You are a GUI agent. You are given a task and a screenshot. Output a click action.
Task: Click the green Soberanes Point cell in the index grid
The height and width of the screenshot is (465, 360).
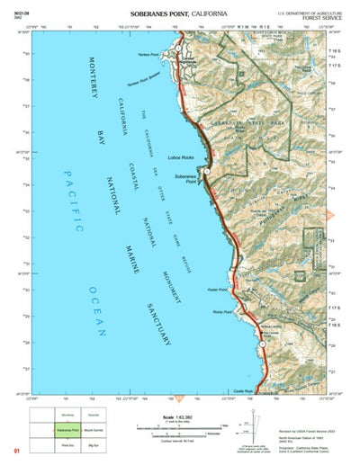pyautogui.click(x=67, y=430)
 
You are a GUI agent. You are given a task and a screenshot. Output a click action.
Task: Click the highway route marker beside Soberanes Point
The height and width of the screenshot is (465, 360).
pyautogui.click(x=206, y=170)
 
